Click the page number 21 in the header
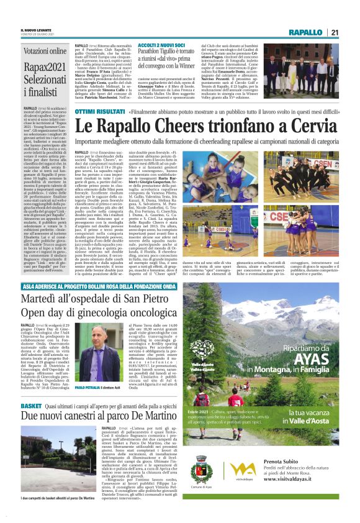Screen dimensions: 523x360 [x=335, y=33]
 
